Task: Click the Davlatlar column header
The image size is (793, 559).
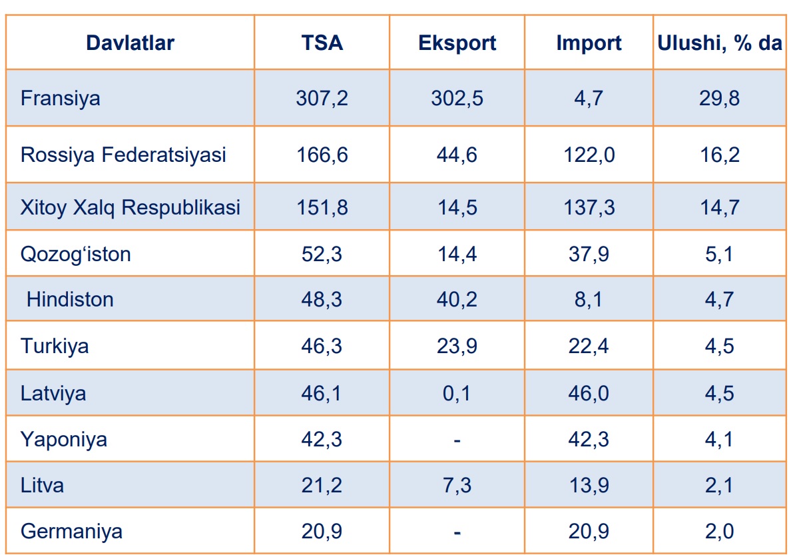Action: tap(130, 43)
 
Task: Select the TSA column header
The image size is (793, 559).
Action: tap(322, 43)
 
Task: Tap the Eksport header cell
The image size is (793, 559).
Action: tap(457, 43)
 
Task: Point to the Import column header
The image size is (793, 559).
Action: tap(589, 43)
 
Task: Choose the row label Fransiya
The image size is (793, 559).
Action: tap(61, 99)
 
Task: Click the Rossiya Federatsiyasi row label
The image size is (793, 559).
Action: tap(123, 155)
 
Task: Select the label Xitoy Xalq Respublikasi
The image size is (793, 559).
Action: tap(130, 207)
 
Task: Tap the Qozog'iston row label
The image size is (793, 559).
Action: tap(75, 254)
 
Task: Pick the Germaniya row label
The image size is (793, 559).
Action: tap(71, 532)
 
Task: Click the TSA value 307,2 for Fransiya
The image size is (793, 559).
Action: tap(322, 99)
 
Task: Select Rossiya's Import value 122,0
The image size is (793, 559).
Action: tap(589, 155)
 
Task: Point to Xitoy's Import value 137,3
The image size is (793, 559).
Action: tap(589, 207)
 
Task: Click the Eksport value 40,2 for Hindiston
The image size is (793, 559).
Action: tap(457, 299)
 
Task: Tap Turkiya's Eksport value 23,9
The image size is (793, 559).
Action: tap(457, 346)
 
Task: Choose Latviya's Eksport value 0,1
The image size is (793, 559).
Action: tap(457, 393)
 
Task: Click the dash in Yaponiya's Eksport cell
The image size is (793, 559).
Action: tap(457, 440)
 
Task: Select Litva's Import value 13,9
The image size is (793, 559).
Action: tap(589, 485)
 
